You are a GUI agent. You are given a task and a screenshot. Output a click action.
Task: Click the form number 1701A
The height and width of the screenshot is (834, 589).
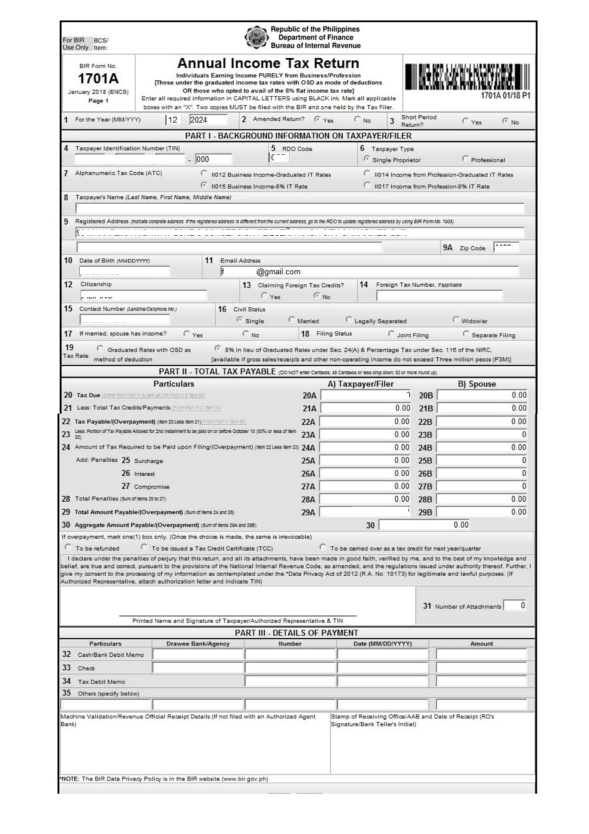(x=98, y=78)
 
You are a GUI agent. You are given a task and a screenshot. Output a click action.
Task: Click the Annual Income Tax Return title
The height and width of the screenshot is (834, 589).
(x=268, y=64)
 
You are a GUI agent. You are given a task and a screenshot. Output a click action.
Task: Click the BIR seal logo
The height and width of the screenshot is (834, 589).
(x=256, y=37)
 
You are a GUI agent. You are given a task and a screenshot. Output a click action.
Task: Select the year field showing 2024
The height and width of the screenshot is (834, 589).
(x=208, y=120)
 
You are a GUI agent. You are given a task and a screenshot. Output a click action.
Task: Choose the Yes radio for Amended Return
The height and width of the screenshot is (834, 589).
(x=317, y=119)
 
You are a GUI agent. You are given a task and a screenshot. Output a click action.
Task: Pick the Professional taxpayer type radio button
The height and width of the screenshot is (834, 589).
(x=465, y=158)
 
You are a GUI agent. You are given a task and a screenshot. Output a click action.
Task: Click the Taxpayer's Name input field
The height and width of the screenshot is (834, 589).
(x=299, y=208)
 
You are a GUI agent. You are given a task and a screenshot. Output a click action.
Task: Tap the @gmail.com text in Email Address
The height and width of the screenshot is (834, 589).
(x=279, y=272)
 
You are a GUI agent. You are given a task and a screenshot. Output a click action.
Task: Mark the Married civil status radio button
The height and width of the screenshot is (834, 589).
(x=291, y=320)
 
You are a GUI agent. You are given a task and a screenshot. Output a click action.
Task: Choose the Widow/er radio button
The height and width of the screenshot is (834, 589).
(x=456, y=320)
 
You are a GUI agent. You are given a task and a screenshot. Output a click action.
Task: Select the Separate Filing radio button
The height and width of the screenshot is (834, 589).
(x=466, y=334)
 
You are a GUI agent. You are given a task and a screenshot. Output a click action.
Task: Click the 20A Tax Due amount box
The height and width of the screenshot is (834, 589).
(x=366, y=395)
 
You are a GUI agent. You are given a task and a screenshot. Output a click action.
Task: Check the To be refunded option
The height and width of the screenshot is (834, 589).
(x=68, y=547)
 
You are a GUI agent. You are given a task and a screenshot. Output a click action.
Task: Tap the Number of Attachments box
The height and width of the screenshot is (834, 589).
(x=515, y=606)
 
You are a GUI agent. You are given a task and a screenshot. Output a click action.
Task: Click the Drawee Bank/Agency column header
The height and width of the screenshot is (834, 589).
(x=198, y=644)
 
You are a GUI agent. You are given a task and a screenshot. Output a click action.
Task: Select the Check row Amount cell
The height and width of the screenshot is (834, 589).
(x=481, y=668)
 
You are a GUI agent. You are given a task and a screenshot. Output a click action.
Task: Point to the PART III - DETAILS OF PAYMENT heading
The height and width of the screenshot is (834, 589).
(x=297, y=633)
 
